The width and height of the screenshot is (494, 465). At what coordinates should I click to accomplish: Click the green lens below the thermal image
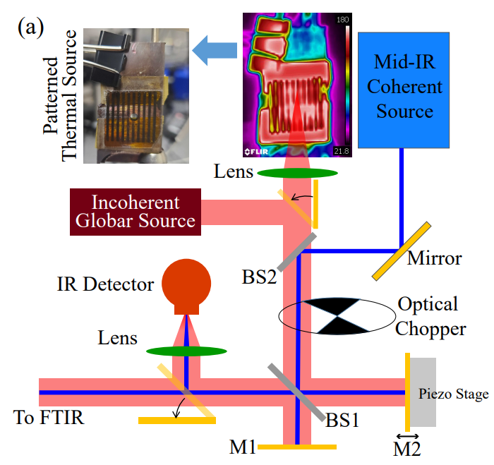[297, 172]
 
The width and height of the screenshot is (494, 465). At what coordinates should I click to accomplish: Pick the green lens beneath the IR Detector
[187, 350]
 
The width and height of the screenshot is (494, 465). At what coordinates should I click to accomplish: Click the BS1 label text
[342, 421]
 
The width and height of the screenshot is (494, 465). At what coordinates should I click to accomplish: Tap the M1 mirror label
[241, 447]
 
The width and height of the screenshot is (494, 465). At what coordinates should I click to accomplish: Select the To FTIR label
[49, 418]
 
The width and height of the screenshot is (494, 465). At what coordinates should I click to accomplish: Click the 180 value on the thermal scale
[342, 19]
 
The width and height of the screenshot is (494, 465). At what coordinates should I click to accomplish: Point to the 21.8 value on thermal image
[342, 151]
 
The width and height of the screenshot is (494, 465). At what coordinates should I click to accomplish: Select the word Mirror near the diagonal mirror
[434, 259]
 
